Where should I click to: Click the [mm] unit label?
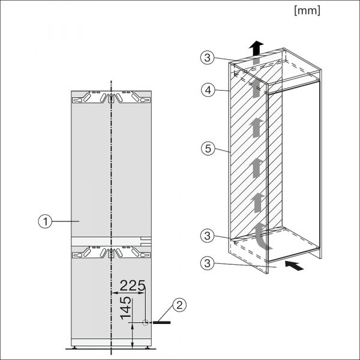point(307,11)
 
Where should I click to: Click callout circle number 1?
point(45,221)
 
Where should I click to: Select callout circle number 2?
point(179,305)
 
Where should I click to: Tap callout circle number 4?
point(208,90)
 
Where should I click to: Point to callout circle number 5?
point(208,148)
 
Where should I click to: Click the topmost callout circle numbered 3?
point(208,58)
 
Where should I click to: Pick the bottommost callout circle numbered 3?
point(208,263)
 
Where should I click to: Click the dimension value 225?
point(133,286)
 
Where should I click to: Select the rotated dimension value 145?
point(125,308)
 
